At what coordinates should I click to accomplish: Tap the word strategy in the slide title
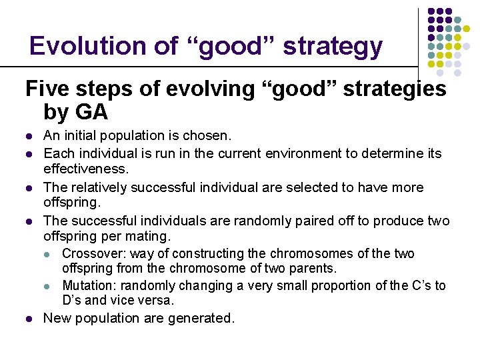pos(333,47)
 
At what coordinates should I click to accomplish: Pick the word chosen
pos(209,136)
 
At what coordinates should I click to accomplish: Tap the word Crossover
pos(93,253)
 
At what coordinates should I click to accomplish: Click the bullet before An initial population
pos(29,137)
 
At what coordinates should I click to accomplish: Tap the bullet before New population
pos(29,319)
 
